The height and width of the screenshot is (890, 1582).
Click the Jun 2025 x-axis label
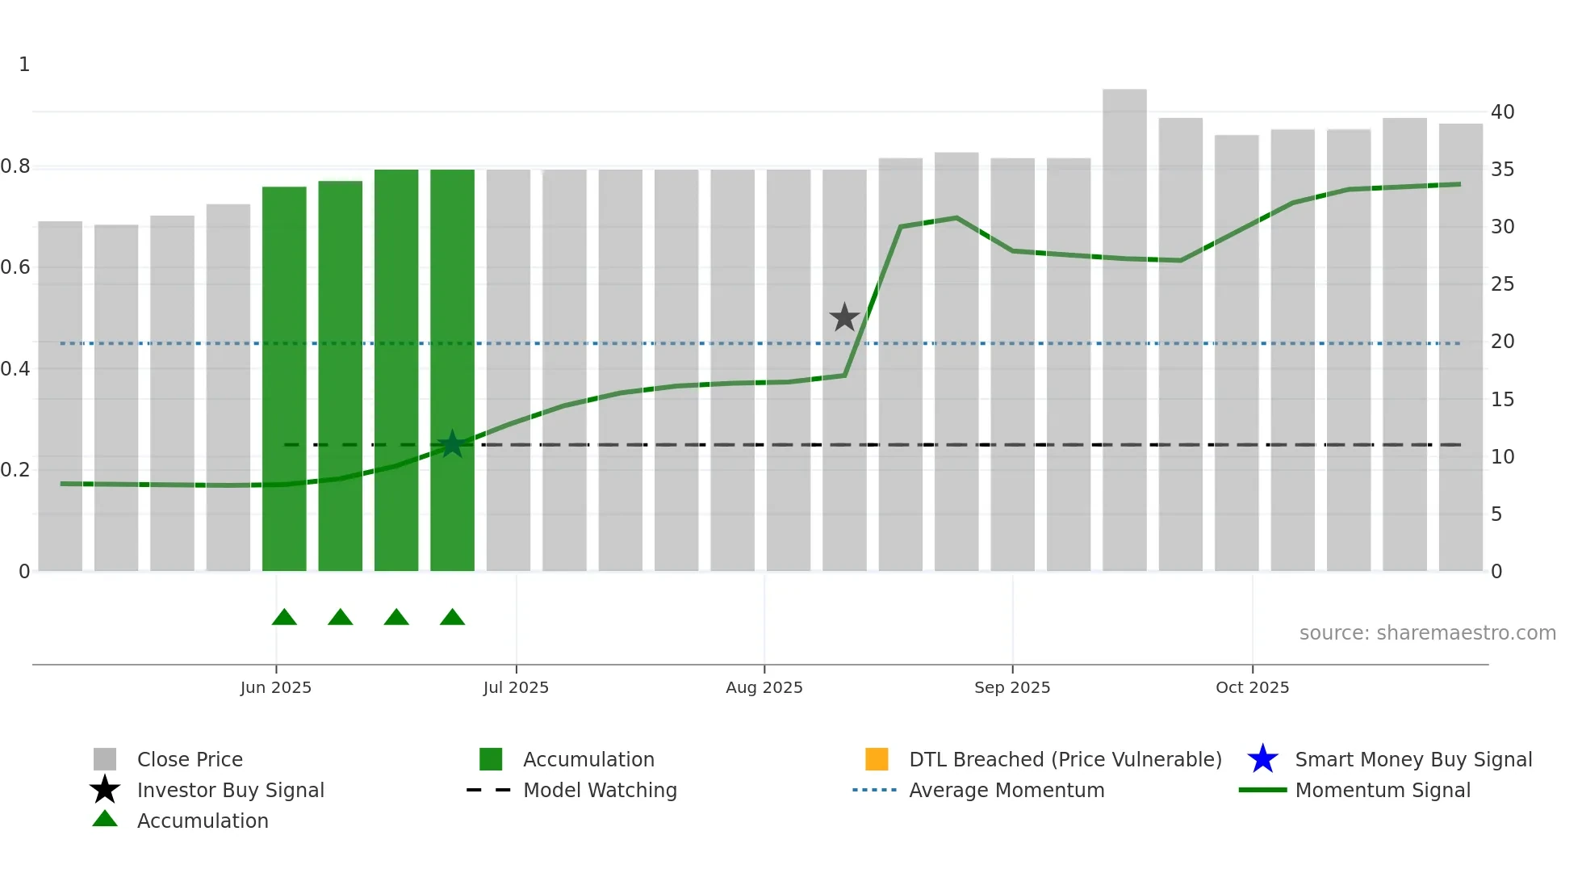pyautogui.click(x=275, y=687)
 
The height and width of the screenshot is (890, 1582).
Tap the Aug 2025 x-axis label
pyautogui.click(x=764, y=687)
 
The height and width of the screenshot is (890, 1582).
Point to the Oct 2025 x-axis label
pyautogui.click(x=1252, y=687)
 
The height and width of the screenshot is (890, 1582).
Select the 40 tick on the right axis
pyautogui.click(x=1502, y=112)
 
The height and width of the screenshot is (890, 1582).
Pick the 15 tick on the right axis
pyautogui.click(x=1502, y=400)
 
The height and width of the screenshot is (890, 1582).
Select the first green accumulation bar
pyautogui.click(x=284, y=380)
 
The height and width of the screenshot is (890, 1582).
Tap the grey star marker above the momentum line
pyautogui.click(x=844, y=317)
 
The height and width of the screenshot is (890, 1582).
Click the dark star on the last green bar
pyautogui.click(x=452, y=443)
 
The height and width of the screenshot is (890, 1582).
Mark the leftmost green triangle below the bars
pyautogui.click(x=284, y=618)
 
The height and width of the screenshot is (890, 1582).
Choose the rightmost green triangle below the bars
pyautogui.click(x=452, y=618)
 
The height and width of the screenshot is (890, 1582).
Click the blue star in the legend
pyautogui.click(x=1262, y=759)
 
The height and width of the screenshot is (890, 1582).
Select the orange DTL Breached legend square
pyautogui.click(x=877, y=759)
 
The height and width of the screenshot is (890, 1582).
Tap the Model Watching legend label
pyautogui.click(x=600, y=790)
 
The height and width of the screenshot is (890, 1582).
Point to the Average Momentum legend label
pyautogui.click(x=1007, y=790)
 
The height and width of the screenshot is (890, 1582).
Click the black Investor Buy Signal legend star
pyautogui.click(x=105, y=790)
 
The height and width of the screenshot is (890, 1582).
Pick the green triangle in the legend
pyautogui.click(x=105, y=820)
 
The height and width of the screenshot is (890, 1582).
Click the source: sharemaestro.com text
pyautogui.click(x=1427, y=633)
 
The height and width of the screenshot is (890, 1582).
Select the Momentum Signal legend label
pyautogui.click(x=1383, y=790)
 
